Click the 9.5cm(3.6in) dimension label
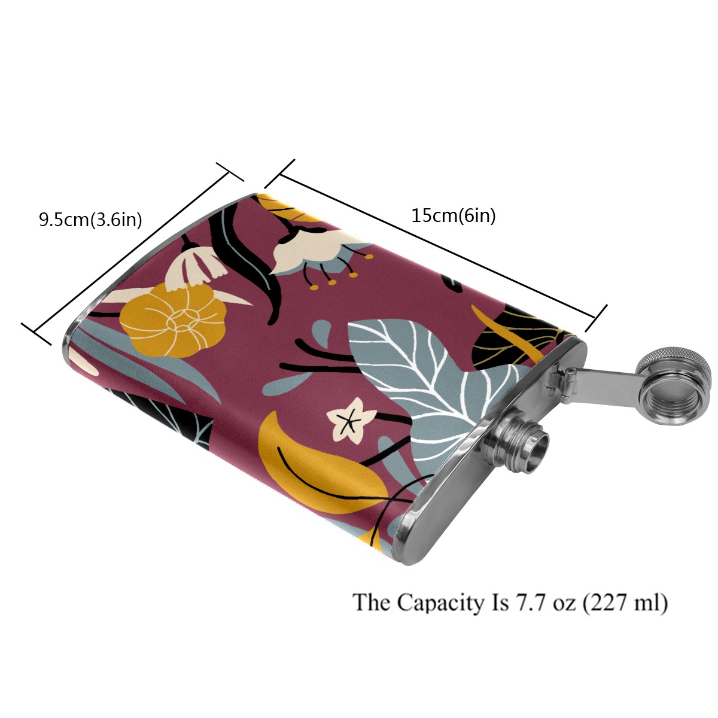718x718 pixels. click(90, 220)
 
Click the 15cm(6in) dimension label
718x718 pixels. click(453, 215)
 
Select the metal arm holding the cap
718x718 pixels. click(604, 380)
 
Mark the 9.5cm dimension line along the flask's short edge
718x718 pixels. click(132, 251)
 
